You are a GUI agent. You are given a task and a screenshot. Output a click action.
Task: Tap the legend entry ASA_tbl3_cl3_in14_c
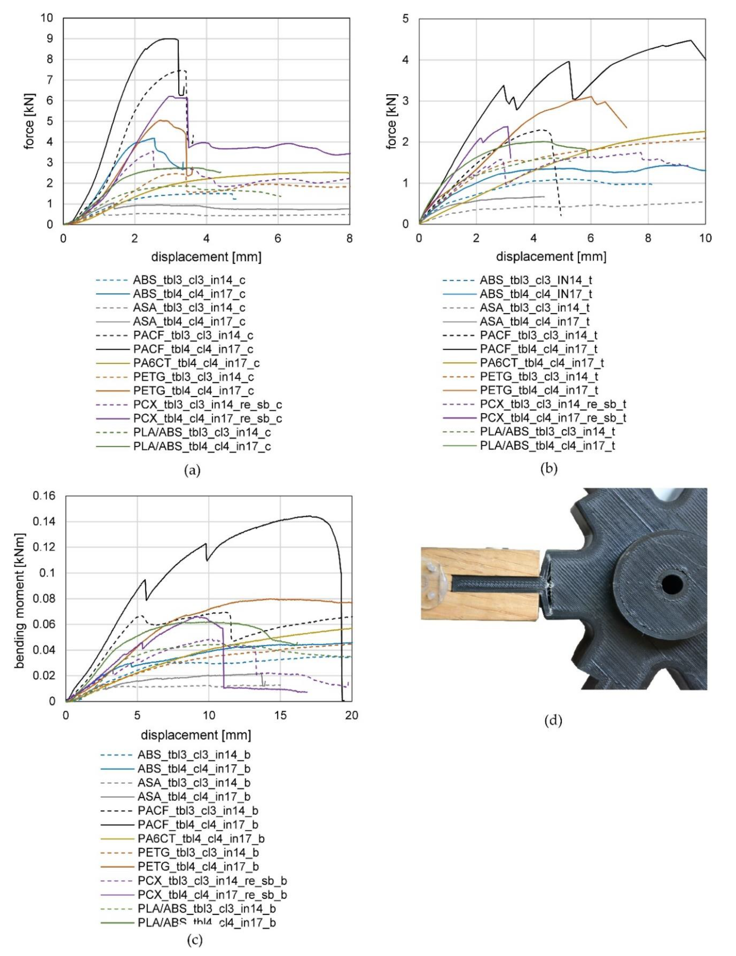click(189, 308)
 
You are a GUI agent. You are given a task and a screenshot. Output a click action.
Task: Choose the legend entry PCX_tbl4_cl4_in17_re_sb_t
click(553, 418)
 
